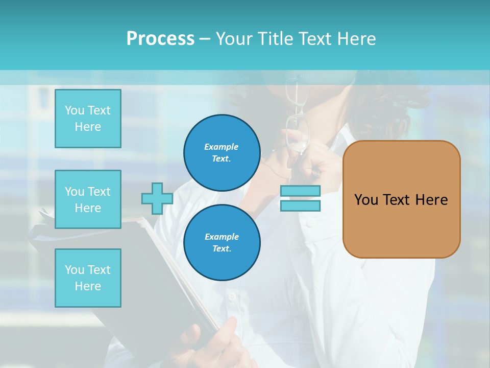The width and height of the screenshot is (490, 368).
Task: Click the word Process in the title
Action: [x=160, y=39]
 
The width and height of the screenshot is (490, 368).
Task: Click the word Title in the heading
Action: [x=274, y=39]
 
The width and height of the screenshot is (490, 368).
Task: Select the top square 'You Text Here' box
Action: [x=88, y=119]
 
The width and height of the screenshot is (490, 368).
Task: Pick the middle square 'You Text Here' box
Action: [x=88, y=199]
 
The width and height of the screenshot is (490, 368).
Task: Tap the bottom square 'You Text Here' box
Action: [x=88, y=278]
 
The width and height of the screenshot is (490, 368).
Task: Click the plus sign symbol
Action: [x=157, y=198]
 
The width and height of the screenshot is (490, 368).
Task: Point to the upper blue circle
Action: [x=222, y=152]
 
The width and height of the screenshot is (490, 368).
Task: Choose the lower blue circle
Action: [x=222, y=242]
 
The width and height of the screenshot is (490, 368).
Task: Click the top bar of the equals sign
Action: [x=300, y=191]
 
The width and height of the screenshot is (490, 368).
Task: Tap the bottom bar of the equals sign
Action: [x=300, y=205]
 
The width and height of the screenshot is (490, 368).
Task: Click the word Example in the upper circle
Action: [x=222, y=147]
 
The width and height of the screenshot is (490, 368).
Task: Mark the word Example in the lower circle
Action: [x=222, y=237]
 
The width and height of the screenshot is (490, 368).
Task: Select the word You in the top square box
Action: [x=75, y=110]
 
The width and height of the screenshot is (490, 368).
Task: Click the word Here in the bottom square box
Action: [x=88, y=286]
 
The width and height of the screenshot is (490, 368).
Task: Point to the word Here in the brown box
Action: [x=431, y=200]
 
